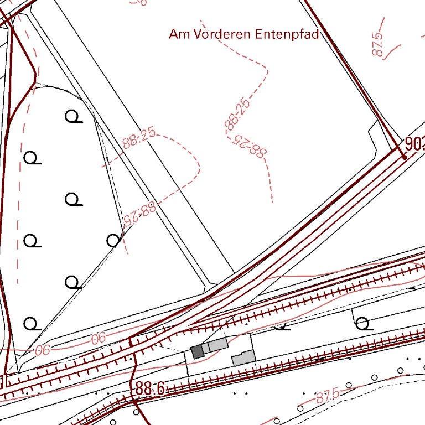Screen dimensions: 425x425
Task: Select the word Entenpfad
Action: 287,34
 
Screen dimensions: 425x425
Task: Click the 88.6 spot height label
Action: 149,389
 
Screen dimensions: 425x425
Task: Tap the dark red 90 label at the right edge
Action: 414,145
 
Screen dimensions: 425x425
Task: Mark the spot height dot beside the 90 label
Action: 405,157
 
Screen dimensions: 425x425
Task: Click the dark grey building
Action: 197,351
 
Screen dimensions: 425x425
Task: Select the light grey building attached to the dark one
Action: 215,346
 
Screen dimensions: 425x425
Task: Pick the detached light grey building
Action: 243,358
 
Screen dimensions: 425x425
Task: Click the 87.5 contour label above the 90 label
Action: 379,44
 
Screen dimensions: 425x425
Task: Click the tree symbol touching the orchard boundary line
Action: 113,240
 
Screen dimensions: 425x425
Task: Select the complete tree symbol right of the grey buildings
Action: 363,323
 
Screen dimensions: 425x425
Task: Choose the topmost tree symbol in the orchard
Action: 72,116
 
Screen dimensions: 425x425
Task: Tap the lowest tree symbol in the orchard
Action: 32,323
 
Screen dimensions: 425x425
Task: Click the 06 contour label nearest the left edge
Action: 42,350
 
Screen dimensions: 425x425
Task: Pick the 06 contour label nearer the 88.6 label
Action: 98,338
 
